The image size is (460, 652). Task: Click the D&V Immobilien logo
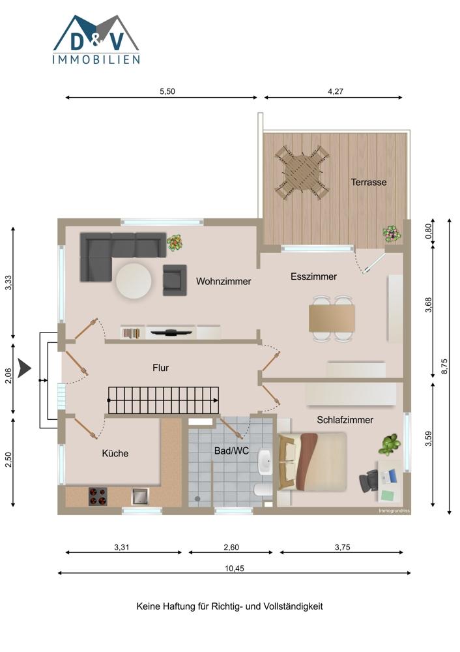point(96,40)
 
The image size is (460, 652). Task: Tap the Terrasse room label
point(369,182)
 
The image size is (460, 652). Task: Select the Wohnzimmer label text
point(223,282)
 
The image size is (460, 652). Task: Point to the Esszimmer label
point(314,276)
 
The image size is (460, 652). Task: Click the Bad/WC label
point(231,451)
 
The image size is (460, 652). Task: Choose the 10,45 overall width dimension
point(235,569)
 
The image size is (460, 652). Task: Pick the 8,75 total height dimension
point(445,366)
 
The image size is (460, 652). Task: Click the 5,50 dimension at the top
point(167,91)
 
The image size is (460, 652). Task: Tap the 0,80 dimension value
point(429,231)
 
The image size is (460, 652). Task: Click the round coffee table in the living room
point(134,281)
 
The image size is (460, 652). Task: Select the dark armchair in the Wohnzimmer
point(175,280)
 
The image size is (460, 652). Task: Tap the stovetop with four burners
point(98,496)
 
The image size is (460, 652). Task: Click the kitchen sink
point(140,496)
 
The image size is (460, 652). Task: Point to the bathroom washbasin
point(265,461)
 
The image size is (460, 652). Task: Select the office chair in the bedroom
point(369,481)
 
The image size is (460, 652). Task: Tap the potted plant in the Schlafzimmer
point(390,445)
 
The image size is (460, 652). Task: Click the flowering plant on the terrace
point(392,234)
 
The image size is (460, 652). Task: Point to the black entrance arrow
point(25,368)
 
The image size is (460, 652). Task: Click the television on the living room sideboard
point(171,332)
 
